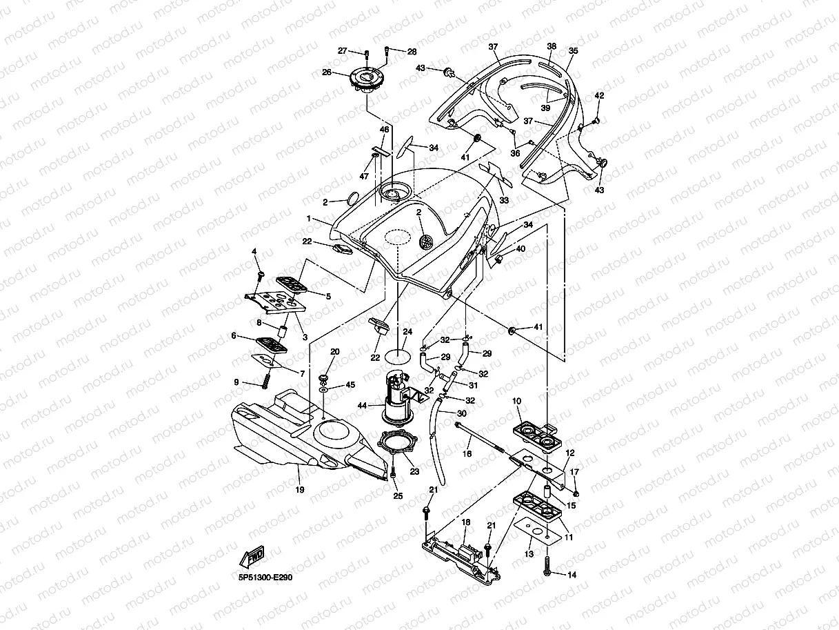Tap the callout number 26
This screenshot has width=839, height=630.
[327, 72]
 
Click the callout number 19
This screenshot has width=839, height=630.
[300, 489]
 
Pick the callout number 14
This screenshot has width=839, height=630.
[572, 574]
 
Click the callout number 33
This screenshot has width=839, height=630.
[503, 200]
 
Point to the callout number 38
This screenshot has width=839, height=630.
[551, 46]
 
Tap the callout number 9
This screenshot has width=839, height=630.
[236, 382]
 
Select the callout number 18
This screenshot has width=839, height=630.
[465, 522]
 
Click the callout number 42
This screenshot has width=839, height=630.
[598, 95]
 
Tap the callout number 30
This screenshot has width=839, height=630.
[462, 413]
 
